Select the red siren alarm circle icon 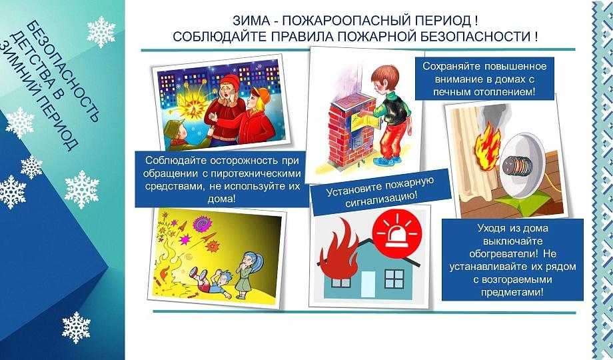click(x=397, y=234)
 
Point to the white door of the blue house click(x=368, y=285)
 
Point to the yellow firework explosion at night click(x=192, y=105)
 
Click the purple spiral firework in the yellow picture click(x=202, y=224)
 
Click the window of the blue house click(x=394, y=279)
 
